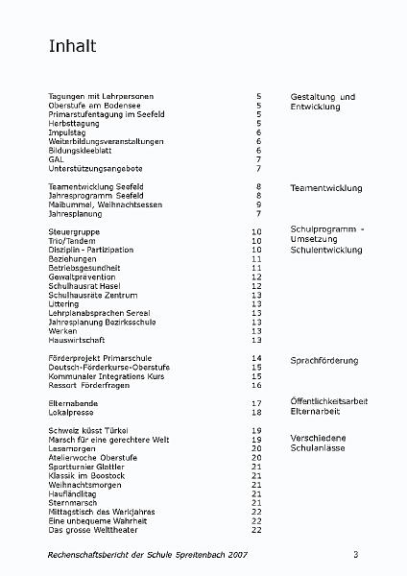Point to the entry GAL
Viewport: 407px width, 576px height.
[x=57, y=159]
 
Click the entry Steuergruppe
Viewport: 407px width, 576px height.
[x=75, y=232]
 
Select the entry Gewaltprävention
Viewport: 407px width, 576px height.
[x=87, y=276]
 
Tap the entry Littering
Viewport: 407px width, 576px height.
[x=65, y=303]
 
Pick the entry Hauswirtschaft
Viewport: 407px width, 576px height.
[x=77, y=340]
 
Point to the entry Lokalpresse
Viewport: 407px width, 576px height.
[x=73, y=412]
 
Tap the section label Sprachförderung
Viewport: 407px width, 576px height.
[x=324, y=360]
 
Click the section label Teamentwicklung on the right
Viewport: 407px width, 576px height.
[x=325, y=188]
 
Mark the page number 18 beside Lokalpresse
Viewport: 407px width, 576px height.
[x=256, y=412]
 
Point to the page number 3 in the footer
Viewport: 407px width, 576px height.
[x=355, y=556]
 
